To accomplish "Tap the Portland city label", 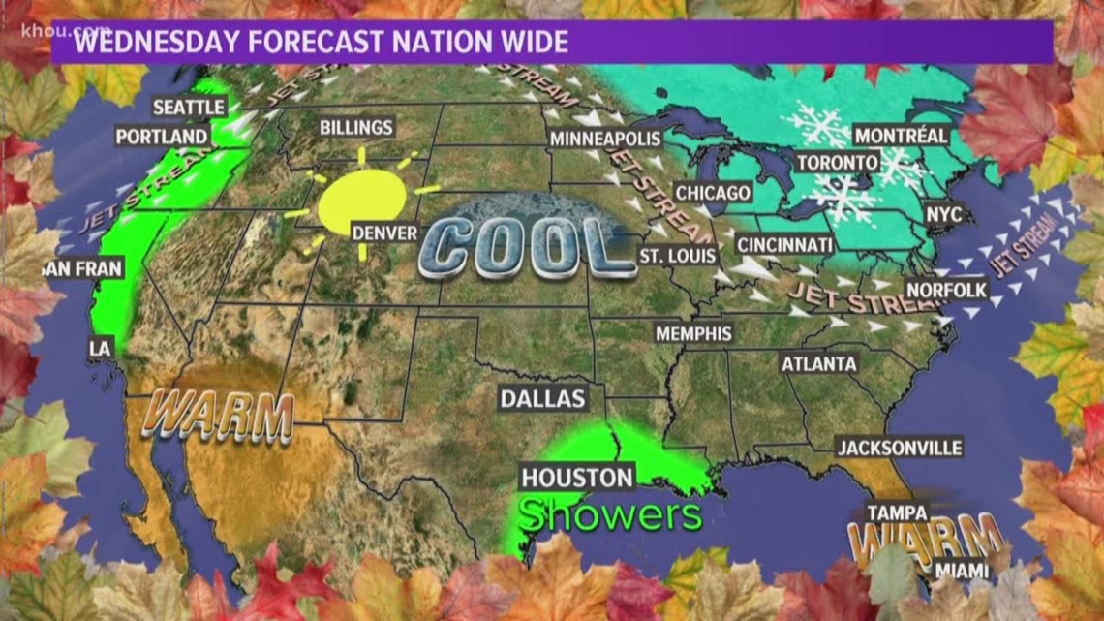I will pyautogui.click(x=163, y=137).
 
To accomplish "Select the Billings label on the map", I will pyautogui.click(x=356, y=128).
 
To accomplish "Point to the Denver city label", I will pyautogui.click(x=384, y=233).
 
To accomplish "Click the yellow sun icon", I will pyautogui.click(x=361, y=203).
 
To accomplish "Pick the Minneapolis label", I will pyautogui.click(x=605, y=140).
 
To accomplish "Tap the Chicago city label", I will pyautogui.click(x=713, y=193).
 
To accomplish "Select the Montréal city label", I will pyautogui.click(x=901, y=136).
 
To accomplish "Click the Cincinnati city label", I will pyautogui.click(x=783, y=245).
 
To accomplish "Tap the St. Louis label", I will pyautogui.click(x=678, y=257).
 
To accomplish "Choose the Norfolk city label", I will pyautogui.click(x=946, y=290).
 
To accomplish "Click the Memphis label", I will pyautogui.click(x=693, y=333).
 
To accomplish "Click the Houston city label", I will pyautogui.click(x=577, y=477).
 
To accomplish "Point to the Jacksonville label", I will pyautogui.click(x=900, y=448).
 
